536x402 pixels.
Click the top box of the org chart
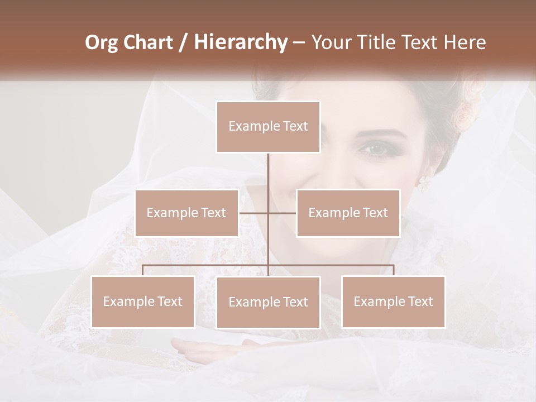[x=268, y=127]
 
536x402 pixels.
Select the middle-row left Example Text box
[x=186, y=213]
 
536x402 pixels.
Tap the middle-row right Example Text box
[x=348, y=213]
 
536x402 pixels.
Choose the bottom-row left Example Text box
[x=142, y=301]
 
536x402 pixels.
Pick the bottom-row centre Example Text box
[x=268, y=302]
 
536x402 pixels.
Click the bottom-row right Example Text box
[x=393, y=301]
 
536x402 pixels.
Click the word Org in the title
[x=102, y=42]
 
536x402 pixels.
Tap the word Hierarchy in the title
[x=240, y=42]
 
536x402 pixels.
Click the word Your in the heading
[x=332, y=42]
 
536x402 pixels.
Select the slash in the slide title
[x=183, y=42]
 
